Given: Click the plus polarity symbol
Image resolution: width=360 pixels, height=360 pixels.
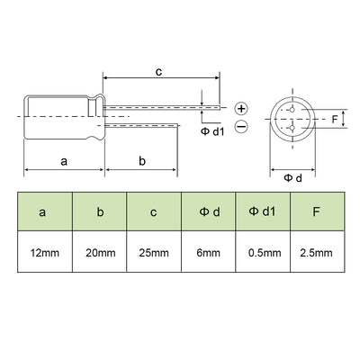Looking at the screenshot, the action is point(241,108).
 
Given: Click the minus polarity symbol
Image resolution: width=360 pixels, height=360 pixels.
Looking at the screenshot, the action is point(241,126).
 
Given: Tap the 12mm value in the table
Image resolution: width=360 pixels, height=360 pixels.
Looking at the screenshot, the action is point(45,252).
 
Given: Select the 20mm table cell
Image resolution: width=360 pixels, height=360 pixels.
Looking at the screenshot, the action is point(100,252).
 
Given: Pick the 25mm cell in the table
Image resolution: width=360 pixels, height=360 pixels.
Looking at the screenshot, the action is point(154,252).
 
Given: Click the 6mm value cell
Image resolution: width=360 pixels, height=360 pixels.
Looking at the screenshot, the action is point(209,252).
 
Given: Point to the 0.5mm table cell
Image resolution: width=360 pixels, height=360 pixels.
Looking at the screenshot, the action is point(263,252).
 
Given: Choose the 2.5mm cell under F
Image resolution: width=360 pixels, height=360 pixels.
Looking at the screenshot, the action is point(318,252).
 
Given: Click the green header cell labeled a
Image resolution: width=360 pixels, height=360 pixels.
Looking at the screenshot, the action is point(45,211).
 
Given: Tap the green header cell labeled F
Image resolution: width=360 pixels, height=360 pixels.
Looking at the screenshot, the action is point(318,211).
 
